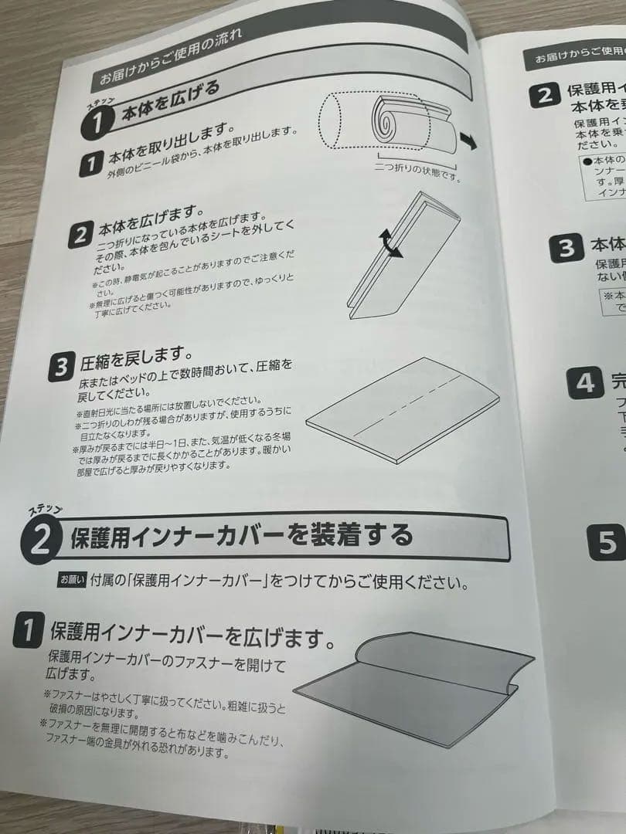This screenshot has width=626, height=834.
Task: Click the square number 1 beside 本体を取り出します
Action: [91, 163]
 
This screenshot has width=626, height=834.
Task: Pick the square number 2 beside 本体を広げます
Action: [80, 236]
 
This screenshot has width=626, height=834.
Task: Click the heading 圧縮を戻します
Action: [135, 357]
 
